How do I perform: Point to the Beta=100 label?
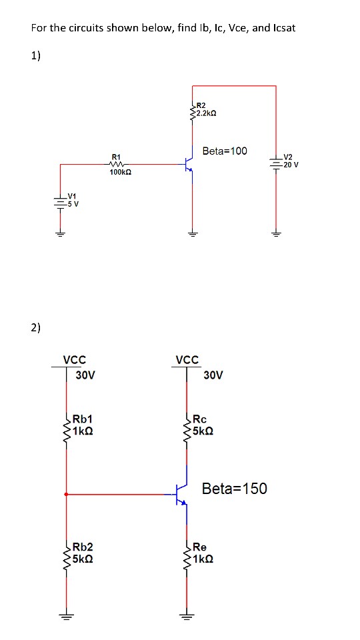click(x=224, y=151)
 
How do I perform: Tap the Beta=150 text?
click(x=234, y=489)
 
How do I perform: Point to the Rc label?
click(x=201, y=419)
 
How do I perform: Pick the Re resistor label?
click(x=201, y=547)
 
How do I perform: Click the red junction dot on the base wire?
click(x=66, y=494)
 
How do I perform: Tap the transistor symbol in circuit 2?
click(x=181, y=494)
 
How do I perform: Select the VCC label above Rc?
click(x=187, y=360)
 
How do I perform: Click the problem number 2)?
click(x=35, y=327)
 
